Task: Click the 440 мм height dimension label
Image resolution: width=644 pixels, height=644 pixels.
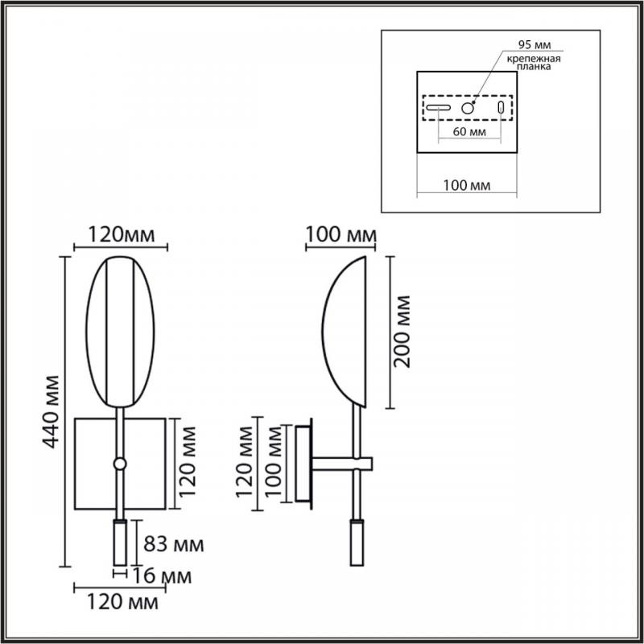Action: pyautogui.click(x=52, y=412)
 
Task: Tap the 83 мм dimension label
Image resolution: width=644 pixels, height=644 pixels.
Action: pyautogui.click(x=173, y=545)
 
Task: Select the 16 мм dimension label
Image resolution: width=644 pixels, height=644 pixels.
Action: pyautogui.click(x=162, y=576)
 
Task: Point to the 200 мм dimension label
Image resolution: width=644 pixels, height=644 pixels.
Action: pyautogui.click(x=401, y=331)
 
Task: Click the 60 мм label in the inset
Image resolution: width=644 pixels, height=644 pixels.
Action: pyautogui.click(x=469, y=132)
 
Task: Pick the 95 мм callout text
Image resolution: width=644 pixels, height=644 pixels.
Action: pyautogui.click(x=535, y=44)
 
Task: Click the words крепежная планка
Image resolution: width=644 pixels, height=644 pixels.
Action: pyautogui.click(x=534, y=63)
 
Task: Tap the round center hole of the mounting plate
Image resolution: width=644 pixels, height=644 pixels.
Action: pyautogui.click(x=468, y=108)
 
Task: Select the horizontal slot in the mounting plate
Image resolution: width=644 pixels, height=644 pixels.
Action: pyautogui.click(x=438, y=108)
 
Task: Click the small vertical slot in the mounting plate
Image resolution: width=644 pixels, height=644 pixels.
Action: pyautogui.click(x=501, y=108)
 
